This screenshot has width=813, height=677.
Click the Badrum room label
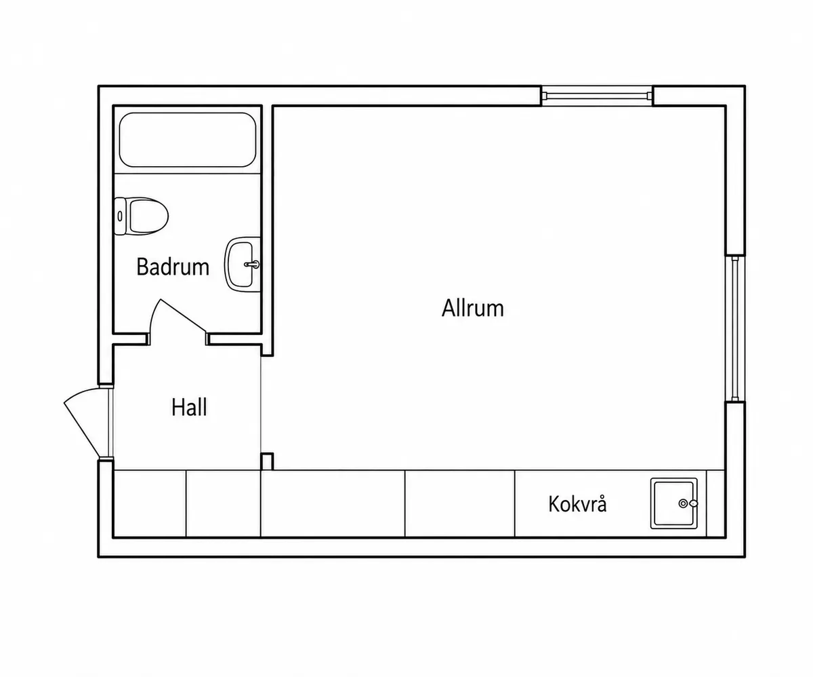(x=173, y=267)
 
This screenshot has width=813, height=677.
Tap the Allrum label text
(x=473, y=308)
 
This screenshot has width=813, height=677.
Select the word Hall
(x=189, y=407)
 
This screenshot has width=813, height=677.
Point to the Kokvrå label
(x=577, y=504)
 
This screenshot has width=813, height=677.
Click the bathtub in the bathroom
(x=188, y=140)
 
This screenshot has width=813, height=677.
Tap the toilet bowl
(x=148, y=216)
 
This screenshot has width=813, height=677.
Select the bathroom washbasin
(x=242, y=264)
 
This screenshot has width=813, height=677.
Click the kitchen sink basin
(x=673, y=503)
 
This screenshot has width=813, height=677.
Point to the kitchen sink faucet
(x=688, y=503)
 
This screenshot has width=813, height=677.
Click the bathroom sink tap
(x=252, y=265)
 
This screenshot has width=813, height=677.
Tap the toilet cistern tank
(x=121, y=216)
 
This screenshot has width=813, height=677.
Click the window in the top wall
(x=598, y=96)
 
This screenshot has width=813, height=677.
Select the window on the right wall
(x=735, y=329)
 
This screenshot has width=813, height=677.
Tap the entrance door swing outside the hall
(x=84, y=421)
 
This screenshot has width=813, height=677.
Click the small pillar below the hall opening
(x=267, y=461)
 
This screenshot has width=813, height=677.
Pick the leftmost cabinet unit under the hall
(x=150, y=503)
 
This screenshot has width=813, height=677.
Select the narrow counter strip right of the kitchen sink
(x=715, y=503)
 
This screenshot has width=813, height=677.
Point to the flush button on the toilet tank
(x=120, y=216)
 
